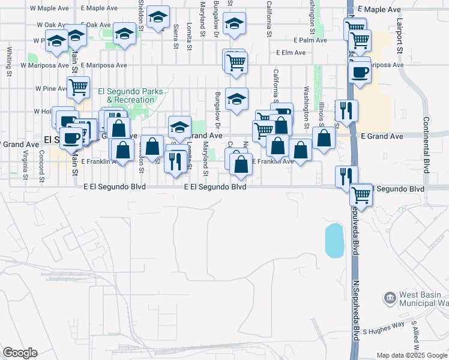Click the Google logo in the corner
(20, 352)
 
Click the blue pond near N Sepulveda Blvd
(334, 240)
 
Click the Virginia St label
(25, 165)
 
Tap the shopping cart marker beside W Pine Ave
(78, 87)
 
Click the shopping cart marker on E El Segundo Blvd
(361, 194)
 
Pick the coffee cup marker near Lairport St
(360, 72)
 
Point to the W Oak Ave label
(49, 25)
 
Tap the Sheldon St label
(142, 12)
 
